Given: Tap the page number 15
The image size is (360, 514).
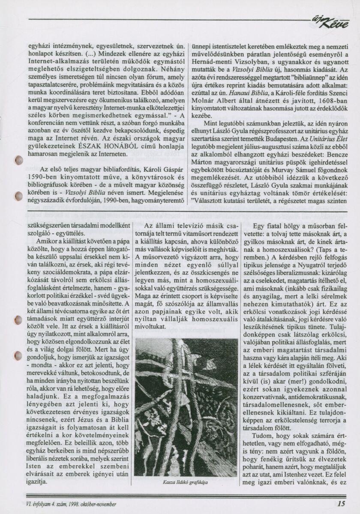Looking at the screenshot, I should point(341,504).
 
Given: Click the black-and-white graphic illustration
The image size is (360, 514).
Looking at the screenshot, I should point(180,406).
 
